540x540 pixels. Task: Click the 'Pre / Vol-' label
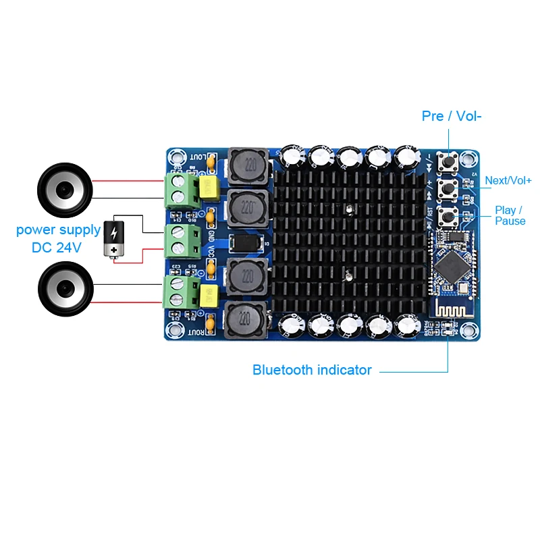pyautogui.click(x=452, y=116)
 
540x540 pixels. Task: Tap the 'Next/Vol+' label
pyautogui.click(x=508, y=181)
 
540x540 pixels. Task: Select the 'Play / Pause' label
pyautogui.click(x=510, y=215)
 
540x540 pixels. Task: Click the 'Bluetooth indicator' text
pyautogui.click(x=312, y=370)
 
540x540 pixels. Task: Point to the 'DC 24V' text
pyautogui.click(x=57, y=248)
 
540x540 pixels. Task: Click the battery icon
pyautogui.click(x=113, y=239)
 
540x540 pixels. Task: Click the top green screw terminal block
pyautogui.click(x=182, y=188)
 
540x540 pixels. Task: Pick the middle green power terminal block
pyautogui.click(x=182, y=240)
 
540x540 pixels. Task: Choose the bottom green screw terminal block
pyautogui.click(x=182, y=291)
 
